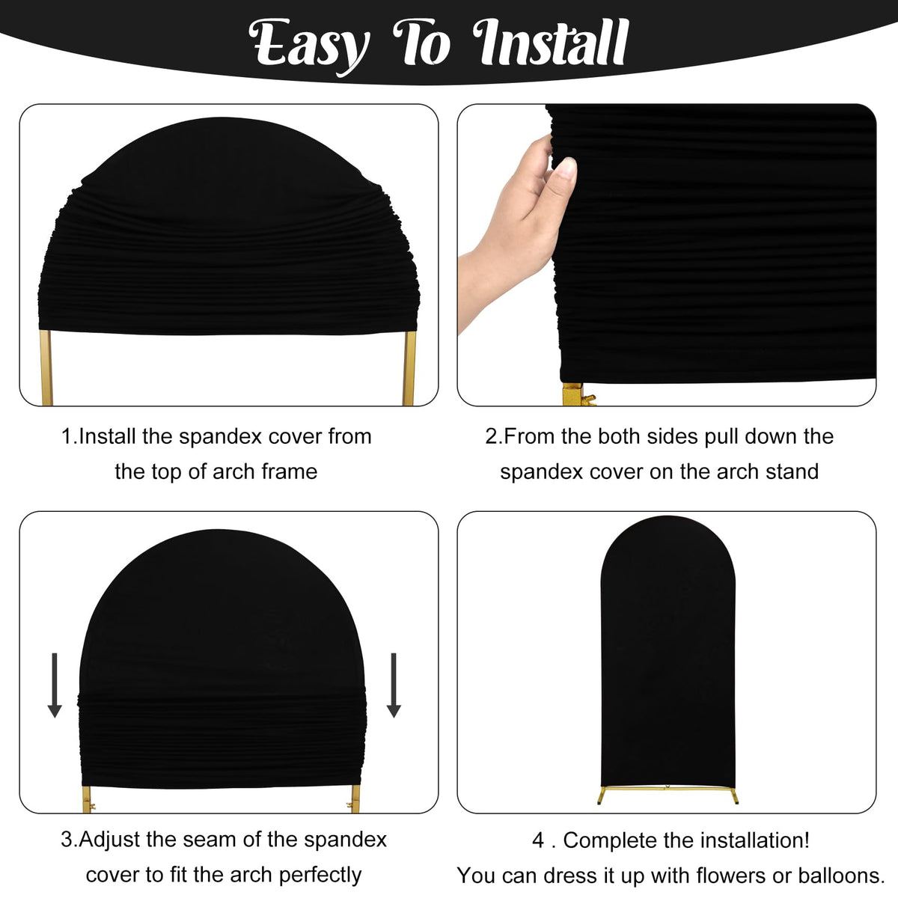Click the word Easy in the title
tap(309, 46)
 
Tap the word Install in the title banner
tap(551, 42)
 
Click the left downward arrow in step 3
tap(55, 685)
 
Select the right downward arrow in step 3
tap(394, 685)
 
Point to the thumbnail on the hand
tap(566, 168)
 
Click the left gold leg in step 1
tap(46, 367)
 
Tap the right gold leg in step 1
tap(409, 367)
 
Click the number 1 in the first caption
tap(67, 436)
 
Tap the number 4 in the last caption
tap(538, 840)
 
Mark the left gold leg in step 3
tap(87, 800)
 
